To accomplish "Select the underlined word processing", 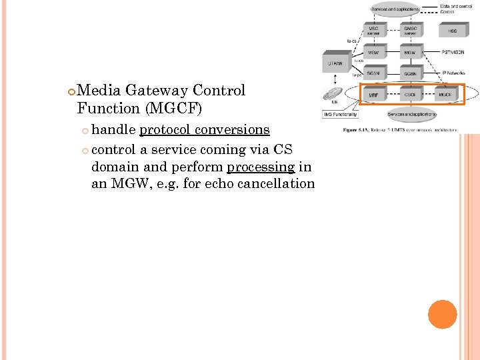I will coord(261,167).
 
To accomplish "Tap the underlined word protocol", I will coord(164,129).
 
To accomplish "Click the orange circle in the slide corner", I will coord(442,314).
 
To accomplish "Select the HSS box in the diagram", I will coord(453,31).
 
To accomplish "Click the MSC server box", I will coord(374,31).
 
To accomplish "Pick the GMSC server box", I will coord(411,31).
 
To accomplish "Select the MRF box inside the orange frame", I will coord(374,95).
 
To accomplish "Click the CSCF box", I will coord(411,95).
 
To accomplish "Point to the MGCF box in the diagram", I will coord(445,95).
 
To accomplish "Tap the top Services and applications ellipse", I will coord(395,9).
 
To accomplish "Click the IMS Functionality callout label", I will coord(341,115).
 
